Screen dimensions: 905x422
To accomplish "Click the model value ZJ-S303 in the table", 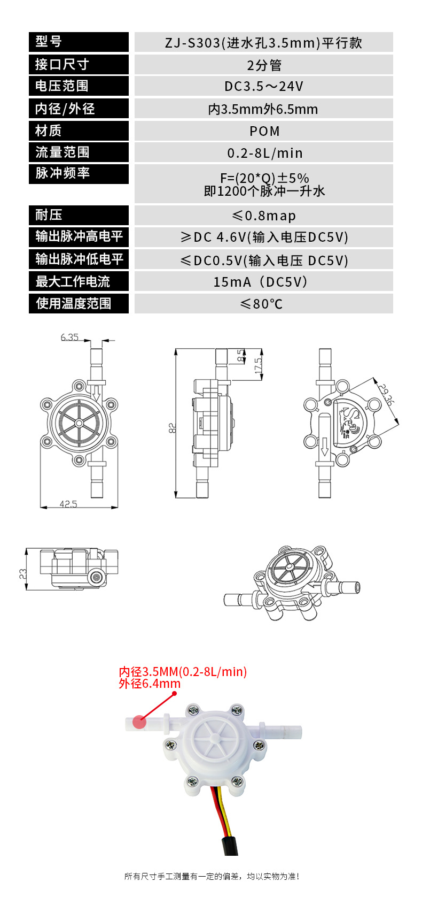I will coord(263,43).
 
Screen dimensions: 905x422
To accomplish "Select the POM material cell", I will coord(264,131).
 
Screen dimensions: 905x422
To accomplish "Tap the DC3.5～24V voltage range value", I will coord(264,87).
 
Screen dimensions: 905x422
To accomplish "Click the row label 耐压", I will coord(49,215).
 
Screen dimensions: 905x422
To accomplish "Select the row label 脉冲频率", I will coord(62,173).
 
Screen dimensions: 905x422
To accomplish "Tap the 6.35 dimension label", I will coord(69,338).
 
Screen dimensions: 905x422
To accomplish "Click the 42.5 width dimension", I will coord(68,504).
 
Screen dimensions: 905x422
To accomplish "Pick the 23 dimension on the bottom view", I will coord(23,574).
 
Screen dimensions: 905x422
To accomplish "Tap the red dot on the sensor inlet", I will coord(139,722).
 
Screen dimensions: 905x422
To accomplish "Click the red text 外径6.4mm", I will coord(150,684).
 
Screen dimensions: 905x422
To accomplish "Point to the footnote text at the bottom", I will coord(212,876).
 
